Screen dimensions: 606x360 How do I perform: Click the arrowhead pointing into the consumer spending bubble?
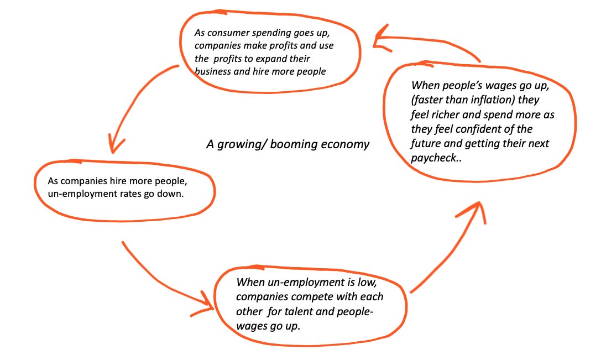pos(380,40)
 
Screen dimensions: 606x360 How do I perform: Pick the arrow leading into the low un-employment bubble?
pos(166,276)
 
